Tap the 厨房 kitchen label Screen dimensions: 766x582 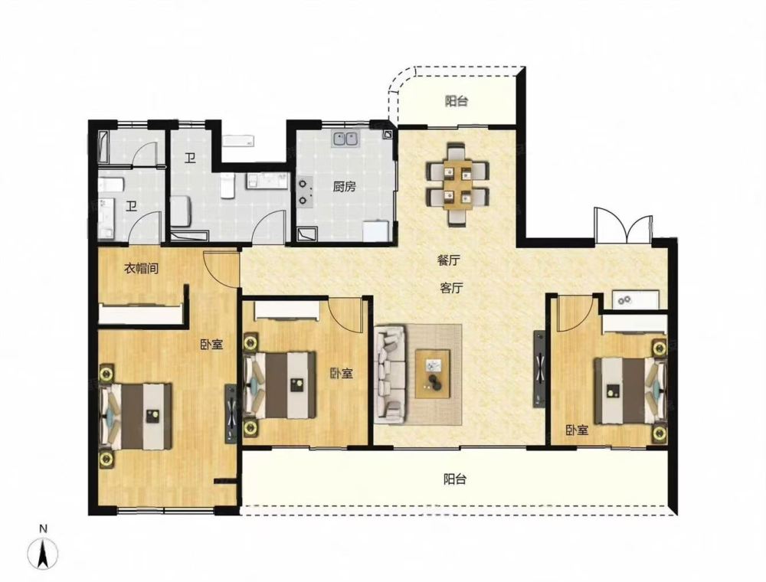[345, 187]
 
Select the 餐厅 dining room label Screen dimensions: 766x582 [449, 260]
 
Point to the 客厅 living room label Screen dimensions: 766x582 [451, 288]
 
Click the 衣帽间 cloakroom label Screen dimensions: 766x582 [141, 268]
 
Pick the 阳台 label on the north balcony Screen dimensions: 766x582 [457, 102]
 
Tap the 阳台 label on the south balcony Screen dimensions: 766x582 [455, 479]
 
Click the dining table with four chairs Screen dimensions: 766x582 [458, 185]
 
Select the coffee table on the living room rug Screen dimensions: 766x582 [433, 374]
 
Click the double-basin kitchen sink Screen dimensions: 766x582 [346, 139]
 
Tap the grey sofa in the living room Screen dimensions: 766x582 [391, 374]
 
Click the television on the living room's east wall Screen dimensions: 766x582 [539, 369]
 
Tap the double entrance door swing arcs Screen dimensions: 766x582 [624, 224]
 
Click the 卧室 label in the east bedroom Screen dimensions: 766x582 [577, 430]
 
